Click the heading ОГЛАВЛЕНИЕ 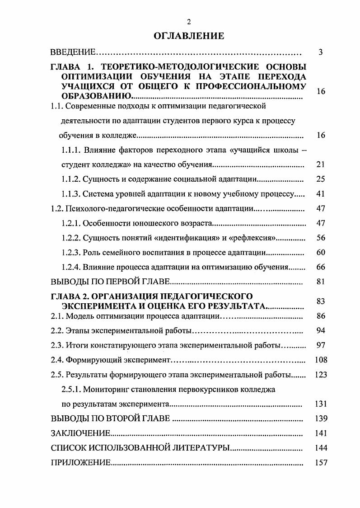[x=189, y=36]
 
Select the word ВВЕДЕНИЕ [x=72, y=52]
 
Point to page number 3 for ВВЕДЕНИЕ [x=320, y=52]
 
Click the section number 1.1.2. [x=70, y=179]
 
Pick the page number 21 [x=321, y=165]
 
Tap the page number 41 [x=321, y=194]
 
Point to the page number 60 [x=321, y=252]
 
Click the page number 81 [x=321, y=282]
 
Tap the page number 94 [x=321, y=330]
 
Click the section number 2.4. [x=57, y=360]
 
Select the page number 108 [x=321, y=360]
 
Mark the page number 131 [x=321, y=404]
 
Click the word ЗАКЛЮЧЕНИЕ [x=80, y=433]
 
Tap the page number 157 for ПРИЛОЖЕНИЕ [x=321, y=463]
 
